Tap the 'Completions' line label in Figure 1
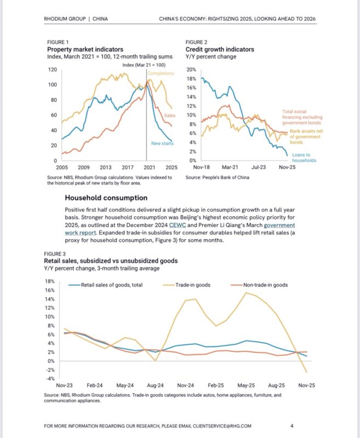point(161,73)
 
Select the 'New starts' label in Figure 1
point(163,144)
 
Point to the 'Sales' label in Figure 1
point(170,116)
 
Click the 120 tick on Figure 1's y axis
point(53,70)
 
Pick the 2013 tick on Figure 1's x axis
point(105,167)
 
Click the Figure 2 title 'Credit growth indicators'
point(220,49)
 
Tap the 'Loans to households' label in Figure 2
point(302,158)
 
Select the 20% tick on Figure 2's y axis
point(192,70)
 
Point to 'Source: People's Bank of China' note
point(218,178)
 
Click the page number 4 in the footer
point(292,426)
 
